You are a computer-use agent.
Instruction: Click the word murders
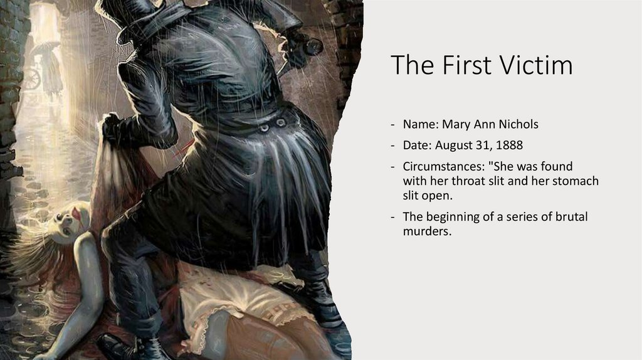click(x=427, y=232)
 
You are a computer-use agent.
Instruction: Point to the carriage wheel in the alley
click(x=31, y=79)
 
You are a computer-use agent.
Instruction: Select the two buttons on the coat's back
click(x=273, y=125)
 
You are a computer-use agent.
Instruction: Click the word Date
click(x=416, y=146)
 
